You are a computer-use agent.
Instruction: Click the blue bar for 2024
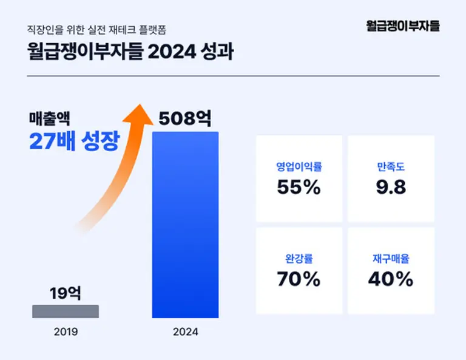[184, 225]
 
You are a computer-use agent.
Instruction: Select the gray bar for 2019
[66, 311]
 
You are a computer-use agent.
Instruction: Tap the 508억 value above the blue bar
[185, 118]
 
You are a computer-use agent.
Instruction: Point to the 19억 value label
[66, 293]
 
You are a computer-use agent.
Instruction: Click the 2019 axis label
[66, 332]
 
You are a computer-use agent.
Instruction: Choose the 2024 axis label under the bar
[185, 332]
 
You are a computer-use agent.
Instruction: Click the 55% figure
[299, 187]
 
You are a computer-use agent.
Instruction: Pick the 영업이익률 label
[299, 167]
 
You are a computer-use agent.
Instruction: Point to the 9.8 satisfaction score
[391, 187]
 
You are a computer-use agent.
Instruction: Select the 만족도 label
[391, 167]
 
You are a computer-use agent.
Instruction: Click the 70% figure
[299, 279]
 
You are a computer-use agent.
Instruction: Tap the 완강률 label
[299, 259]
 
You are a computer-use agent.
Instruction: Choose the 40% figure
[391, 279]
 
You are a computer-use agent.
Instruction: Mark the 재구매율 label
[391, 259]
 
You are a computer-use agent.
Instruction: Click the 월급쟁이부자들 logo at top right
[403, 25]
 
